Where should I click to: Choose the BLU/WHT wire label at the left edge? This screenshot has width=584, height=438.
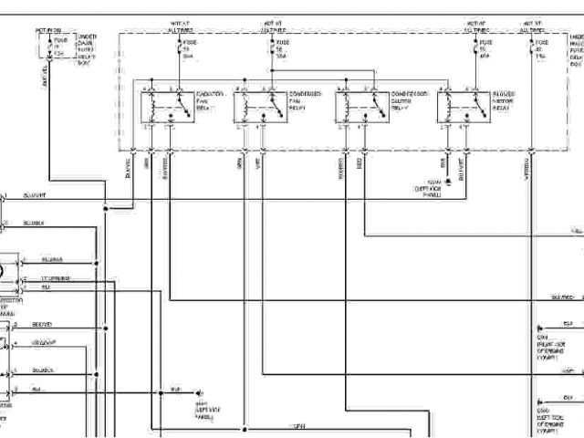pyautogui.click(x=36, y=194)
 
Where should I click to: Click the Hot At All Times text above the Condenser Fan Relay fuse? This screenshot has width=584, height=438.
pyautogui.click(x=274, y=26)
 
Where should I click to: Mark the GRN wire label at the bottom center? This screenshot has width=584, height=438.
pyautogui.click(x=297, y=426)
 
